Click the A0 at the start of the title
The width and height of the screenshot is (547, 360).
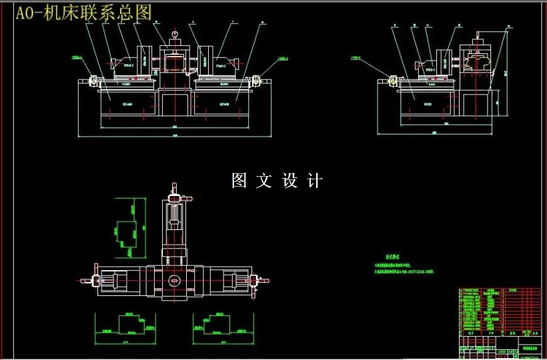click(26, 13)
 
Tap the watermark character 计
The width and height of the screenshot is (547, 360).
click(315, 181)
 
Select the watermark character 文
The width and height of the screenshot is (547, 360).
click(264, 181)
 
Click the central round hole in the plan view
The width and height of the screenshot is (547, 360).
click(174, 281)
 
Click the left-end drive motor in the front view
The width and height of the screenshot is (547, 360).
click(93, 81)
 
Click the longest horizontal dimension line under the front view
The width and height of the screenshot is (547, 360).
click(175, 136)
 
